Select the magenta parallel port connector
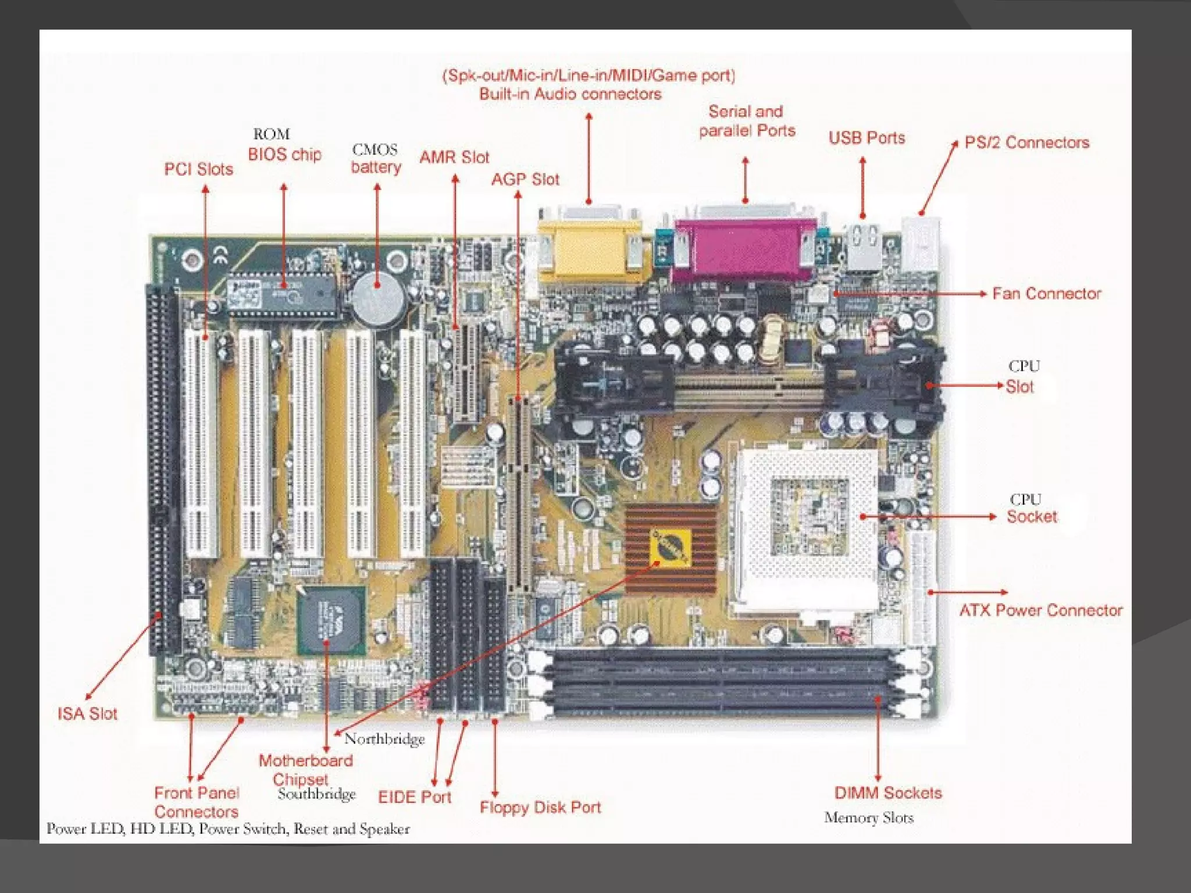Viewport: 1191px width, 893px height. point(745,250)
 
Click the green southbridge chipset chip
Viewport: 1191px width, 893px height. point(331,620)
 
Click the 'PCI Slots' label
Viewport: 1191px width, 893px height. point(198,169)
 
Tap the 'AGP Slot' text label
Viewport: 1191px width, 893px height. point(525,180)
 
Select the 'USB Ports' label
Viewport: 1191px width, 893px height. point(866,138)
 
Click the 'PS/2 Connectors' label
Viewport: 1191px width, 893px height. point(1026,142)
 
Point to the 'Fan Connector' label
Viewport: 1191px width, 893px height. point(1046,294)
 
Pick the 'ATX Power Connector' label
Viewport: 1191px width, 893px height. point(1040,610)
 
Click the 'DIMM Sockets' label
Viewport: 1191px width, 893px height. point(888,793)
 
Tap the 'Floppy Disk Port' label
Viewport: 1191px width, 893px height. point(540,807)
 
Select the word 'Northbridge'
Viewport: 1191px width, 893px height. point(384,739)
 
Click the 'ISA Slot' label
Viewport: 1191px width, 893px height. point(87,713)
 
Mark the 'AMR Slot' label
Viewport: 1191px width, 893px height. point(454,157)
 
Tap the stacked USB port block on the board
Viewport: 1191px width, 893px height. point(863,247)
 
